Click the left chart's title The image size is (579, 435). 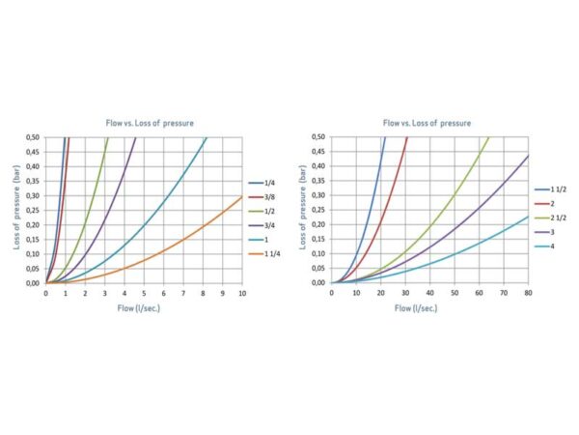143,124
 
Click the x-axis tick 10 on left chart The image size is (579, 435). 241,293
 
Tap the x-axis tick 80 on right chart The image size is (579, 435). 528,293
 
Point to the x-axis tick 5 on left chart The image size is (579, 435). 144,293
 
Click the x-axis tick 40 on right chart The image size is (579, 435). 429,293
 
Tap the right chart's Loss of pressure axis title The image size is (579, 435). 300,211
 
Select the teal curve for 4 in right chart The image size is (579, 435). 482,247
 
